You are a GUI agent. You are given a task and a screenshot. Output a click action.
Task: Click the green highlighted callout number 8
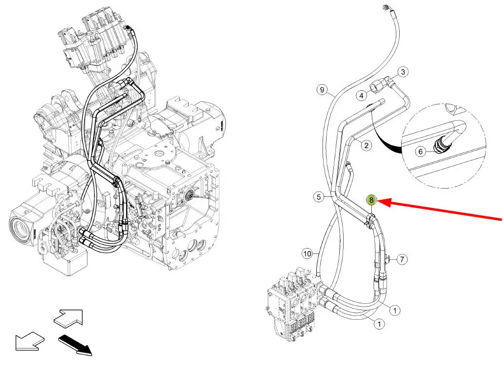tap(371, 200)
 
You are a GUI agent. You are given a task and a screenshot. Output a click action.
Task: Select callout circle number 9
tap(322, 90)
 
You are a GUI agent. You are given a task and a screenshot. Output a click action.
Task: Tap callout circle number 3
tap(403, 72)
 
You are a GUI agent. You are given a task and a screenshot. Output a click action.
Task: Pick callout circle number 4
tap(362, 95)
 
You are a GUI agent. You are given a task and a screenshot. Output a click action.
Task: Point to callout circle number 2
tap(367, 145)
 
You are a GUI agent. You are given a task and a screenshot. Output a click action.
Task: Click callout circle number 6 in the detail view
tap(421, 152)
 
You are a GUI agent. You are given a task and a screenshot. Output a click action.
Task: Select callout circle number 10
tap(308, 254)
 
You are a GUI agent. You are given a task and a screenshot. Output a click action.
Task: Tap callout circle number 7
tap(402, 259)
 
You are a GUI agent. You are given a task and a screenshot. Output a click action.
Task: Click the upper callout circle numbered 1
tap(395, 310)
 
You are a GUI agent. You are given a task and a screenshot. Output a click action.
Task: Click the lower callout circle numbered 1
tap(380, 324)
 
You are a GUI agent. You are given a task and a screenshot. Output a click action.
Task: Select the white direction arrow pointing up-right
tap(68, 318)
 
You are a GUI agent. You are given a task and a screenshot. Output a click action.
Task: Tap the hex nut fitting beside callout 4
tap(376, 86)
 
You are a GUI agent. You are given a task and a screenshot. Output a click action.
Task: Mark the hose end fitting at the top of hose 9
tap(387, 8)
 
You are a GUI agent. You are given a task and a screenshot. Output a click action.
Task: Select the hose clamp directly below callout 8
tap(370, 221)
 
